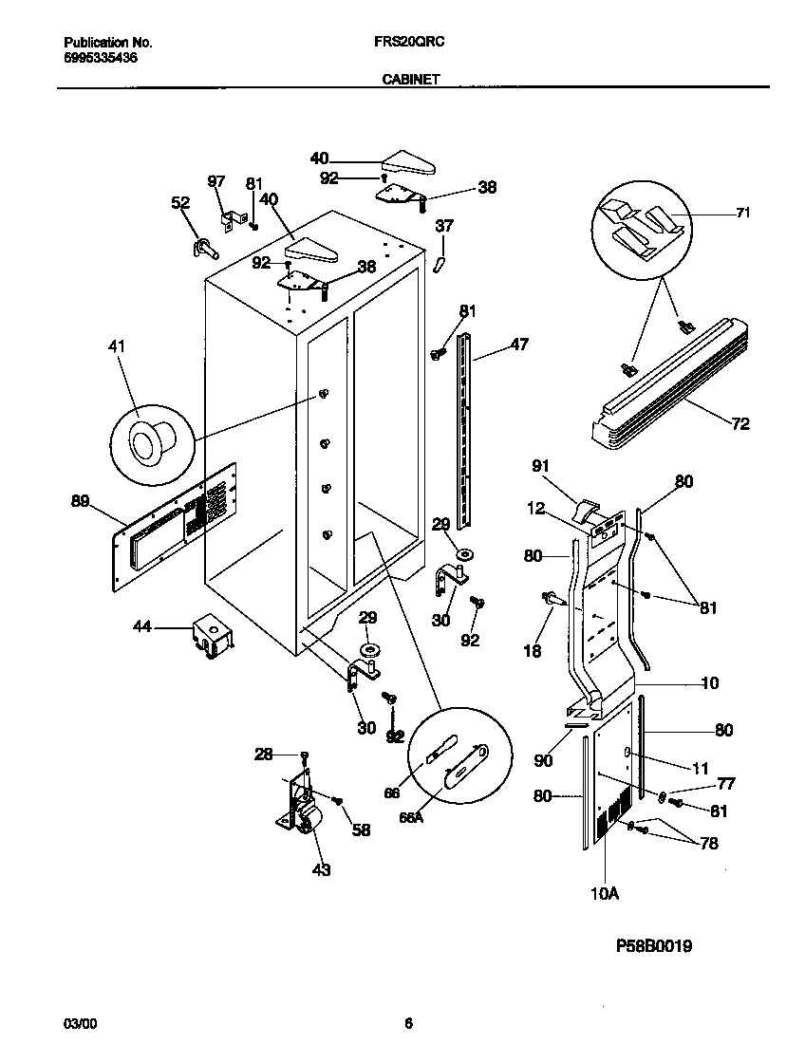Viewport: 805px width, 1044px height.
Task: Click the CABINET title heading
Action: click(410, 81)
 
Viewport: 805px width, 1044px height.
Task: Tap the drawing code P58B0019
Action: click(654, 946)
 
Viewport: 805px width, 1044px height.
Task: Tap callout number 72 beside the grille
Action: click(740, 423)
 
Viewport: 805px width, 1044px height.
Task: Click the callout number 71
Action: click(742, 214)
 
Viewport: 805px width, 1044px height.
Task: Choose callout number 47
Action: click(519, 345)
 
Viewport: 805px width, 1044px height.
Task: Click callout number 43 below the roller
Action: click(321, 868)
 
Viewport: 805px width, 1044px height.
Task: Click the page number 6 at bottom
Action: click(408, 1022)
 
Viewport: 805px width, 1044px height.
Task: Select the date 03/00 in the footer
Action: click(79, 1022)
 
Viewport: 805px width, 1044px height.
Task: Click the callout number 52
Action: click(179, 202)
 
